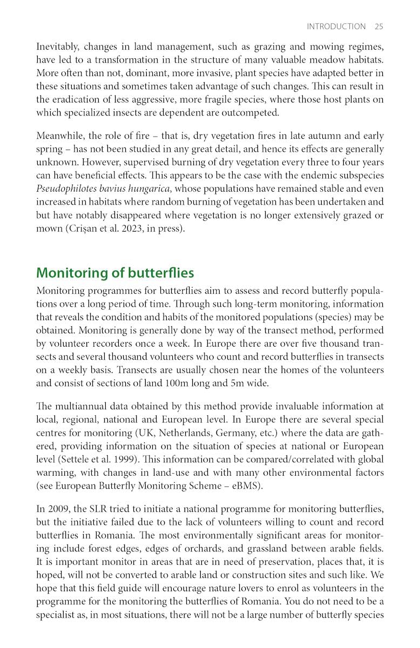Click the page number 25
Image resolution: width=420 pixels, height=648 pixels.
378,26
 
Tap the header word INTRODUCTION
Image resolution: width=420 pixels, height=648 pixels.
336,26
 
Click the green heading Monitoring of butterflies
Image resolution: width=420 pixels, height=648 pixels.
114,273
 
